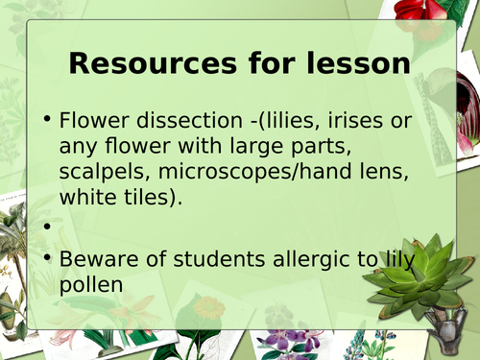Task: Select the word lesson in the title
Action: (x=359, y=65)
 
